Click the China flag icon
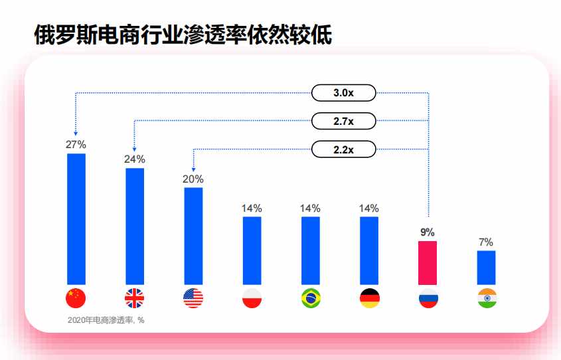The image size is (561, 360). [76, 298]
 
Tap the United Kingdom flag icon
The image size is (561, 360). [135, 298]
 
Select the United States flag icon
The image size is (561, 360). [193, 298]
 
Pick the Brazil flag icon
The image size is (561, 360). [311, 298]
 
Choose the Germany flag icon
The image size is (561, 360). [369, 298]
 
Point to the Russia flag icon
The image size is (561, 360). [428, 298]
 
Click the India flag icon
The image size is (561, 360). [487, 298]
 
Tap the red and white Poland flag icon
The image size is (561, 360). [252, 298]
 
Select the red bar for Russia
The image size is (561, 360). [428, 263]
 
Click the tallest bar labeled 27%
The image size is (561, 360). [76, 219]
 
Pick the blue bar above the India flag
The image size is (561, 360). [486, 268]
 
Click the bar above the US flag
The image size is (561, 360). [194, 236]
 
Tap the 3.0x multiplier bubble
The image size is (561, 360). [343, 93]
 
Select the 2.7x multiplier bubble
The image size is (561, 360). [343, 121]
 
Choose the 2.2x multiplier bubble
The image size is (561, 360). [343, 149]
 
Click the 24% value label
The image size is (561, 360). [135, 159]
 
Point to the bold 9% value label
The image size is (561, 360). [428, 232]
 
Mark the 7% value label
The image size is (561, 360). [486, 242]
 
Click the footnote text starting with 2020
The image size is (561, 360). [106, 320]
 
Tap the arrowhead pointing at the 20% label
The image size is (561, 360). [194, 169]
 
